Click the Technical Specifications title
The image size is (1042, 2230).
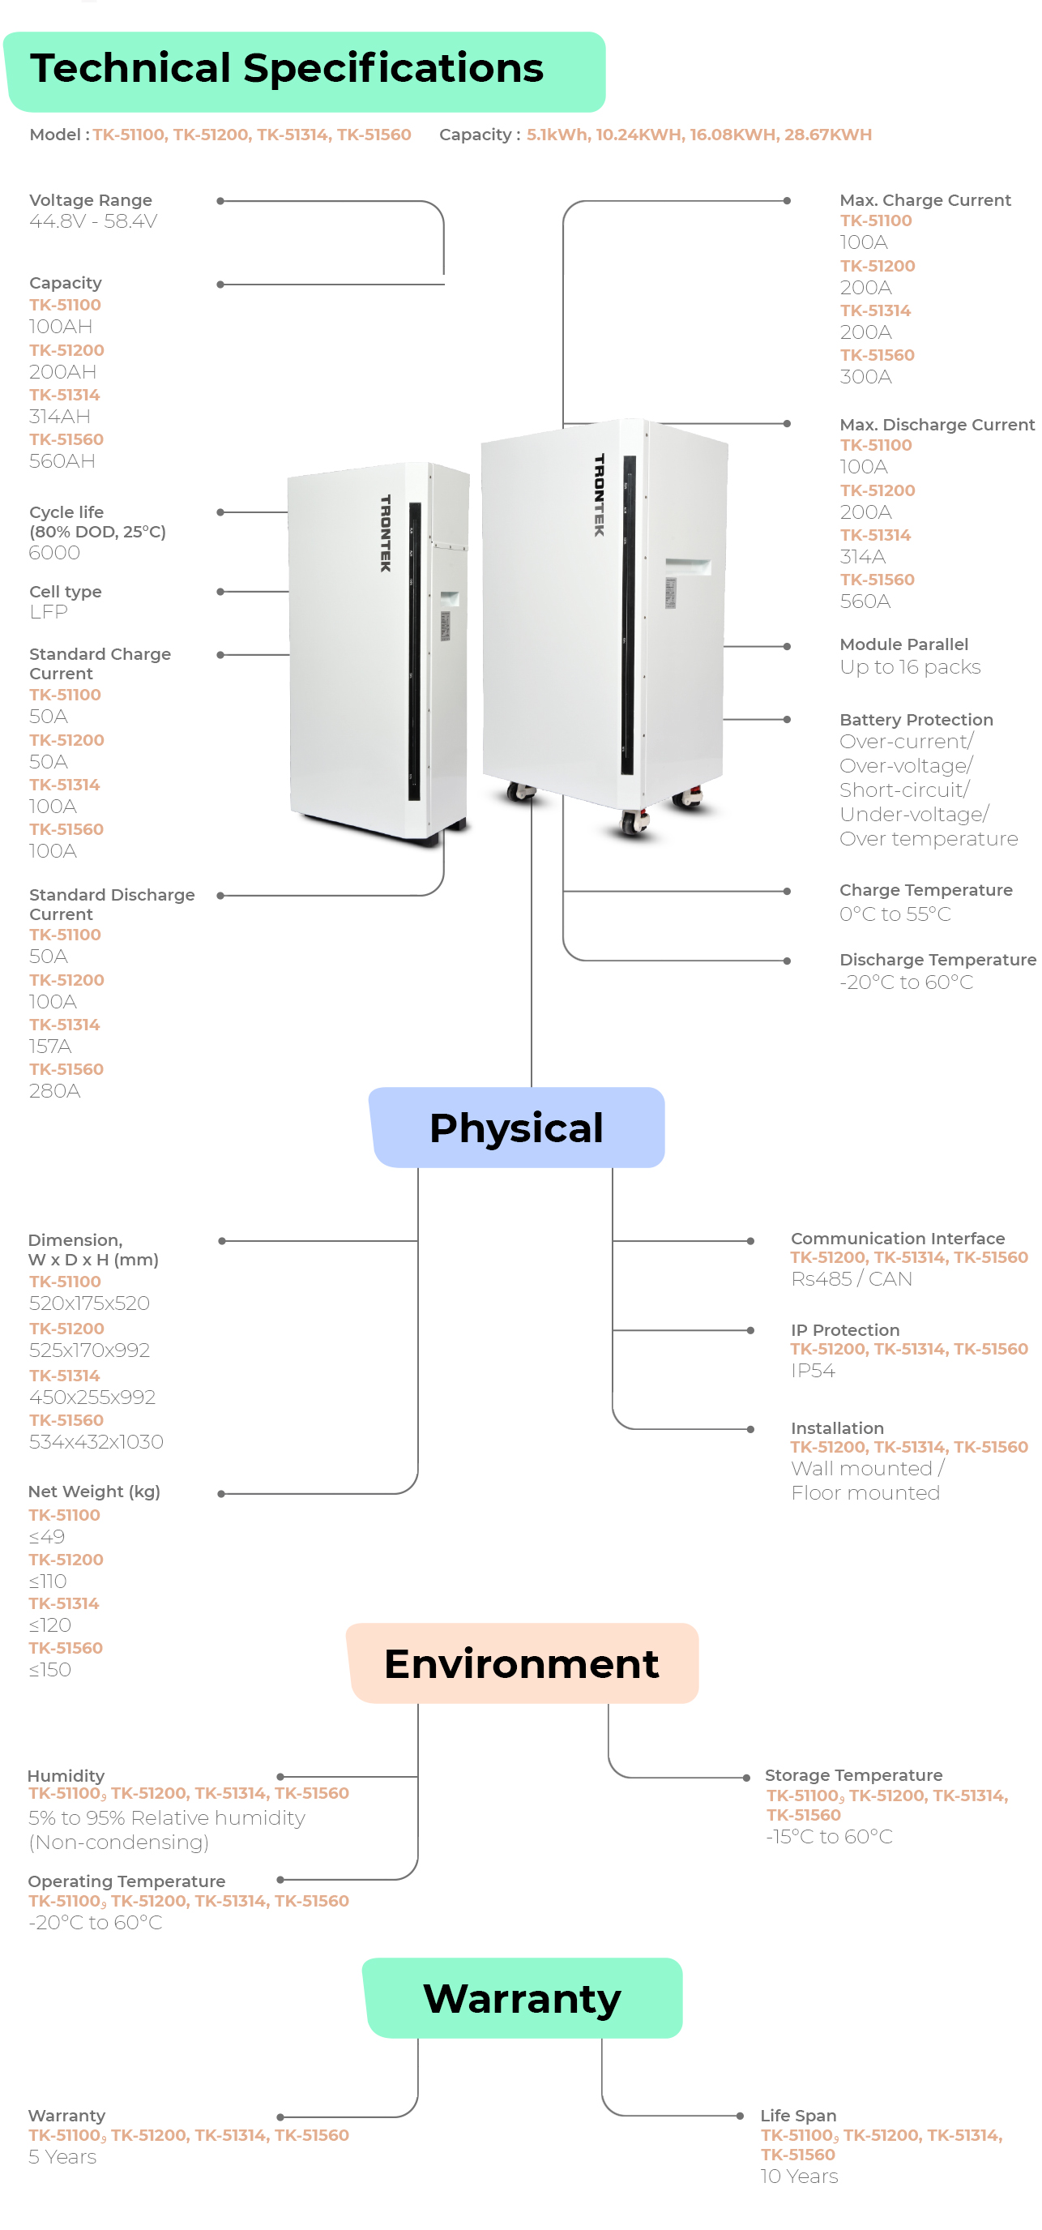pos(287,68)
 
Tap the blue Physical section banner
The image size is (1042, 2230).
pos(516,1127)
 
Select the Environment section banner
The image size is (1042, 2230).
pos(521,1663)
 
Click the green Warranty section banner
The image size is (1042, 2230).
pos(521,1998)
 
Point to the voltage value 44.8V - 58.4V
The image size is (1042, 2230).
pos(92,221)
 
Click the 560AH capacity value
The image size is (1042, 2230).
pos(62,461)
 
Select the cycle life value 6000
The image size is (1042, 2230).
pos(54,553)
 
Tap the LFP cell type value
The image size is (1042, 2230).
pos(49,612)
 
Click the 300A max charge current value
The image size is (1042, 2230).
pos(865,377)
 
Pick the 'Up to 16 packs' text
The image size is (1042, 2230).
pos(910,667)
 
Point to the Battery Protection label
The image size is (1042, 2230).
pos(916,719)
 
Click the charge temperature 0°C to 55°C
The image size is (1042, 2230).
pos(895,914)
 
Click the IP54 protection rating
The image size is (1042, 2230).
pos(813,1372)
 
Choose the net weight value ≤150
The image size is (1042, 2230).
pos(50,1670)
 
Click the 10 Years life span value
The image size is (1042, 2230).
pos(799,2176)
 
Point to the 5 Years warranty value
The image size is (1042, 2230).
pos(62,2156)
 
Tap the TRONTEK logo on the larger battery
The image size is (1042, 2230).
pos(599,495)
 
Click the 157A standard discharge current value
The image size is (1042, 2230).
pos(50,1047)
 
